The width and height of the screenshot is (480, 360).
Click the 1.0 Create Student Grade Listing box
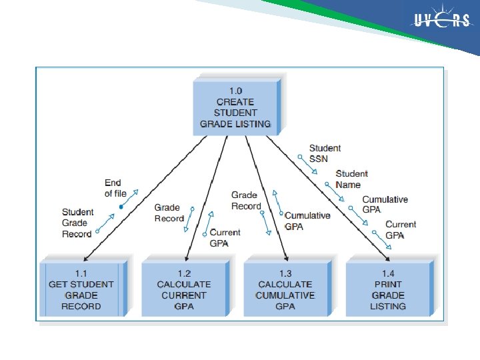[x=235, y=107]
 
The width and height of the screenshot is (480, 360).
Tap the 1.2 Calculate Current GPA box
[x=183, y=289]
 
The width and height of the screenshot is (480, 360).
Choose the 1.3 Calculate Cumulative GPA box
[x=285, y=289]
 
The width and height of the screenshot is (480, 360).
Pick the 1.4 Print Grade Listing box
[x=388, y=289]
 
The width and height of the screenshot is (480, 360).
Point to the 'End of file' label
[x=115, y=188]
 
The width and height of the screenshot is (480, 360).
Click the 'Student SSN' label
[x=325, y=153]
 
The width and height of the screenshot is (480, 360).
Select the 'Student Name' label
[x=351, y=179]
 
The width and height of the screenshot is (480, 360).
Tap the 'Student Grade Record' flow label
[x=77, y=223]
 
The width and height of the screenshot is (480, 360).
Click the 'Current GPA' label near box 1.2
[x=225, y=237]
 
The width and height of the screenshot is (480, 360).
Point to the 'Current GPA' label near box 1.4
[x=400, y=229]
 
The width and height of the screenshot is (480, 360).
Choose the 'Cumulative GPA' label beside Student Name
[x=385, y=204]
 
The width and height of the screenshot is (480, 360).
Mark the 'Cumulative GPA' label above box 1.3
[x=307, y=221]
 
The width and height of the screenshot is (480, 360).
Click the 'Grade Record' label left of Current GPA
[x=169, y=213]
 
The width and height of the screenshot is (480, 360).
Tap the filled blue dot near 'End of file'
[x=121, y=207]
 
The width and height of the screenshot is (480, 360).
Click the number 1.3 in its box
[x=285, y=273]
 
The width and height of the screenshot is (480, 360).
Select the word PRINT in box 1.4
[x=388, y=284]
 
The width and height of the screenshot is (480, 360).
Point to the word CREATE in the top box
[x=235, y=102]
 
